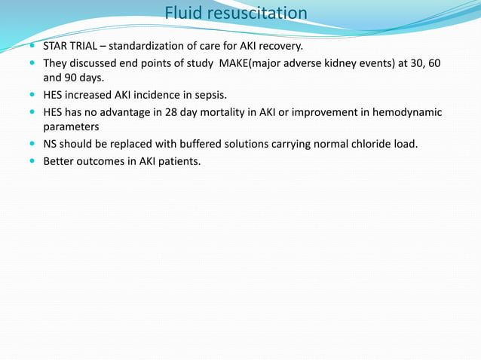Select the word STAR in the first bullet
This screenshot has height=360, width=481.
point(57,46)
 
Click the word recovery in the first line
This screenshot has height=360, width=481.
point(278,46)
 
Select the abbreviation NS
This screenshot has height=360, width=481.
point(51,144)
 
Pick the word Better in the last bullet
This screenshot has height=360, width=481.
point(60,161)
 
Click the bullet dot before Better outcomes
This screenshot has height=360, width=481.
point(32,161)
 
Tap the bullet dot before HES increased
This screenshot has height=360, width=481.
point(32,95)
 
